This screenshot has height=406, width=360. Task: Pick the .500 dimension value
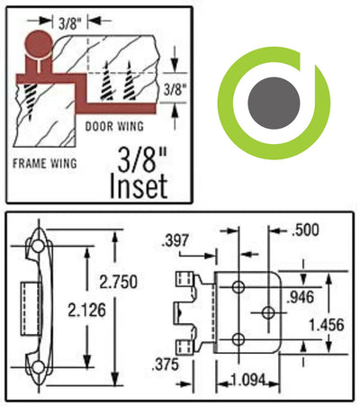306,231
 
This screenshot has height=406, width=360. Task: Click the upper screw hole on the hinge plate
238,285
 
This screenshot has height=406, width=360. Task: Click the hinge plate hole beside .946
268,311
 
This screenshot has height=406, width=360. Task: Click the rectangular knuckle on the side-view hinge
29,307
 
